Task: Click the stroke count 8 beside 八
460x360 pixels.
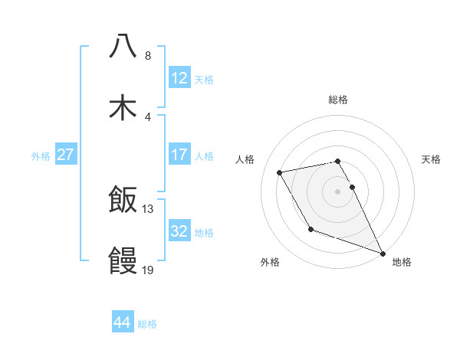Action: pos(148,56)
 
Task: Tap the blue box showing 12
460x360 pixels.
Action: pos(179,77)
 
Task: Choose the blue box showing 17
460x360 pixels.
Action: pos(179,154)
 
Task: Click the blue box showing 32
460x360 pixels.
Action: pos(179,231)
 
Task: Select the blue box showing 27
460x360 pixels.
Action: pos(66,154)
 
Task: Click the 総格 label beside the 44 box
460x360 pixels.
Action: pos(147,324)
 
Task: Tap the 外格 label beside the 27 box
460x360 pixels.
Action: pos(41,155)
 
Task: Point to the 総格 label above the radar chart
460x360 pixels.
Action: pos(338,100)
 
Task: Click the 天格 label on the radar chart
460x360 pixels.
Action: pos(431,159)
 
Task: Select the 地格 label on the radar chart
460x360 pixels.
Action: pos(402,262)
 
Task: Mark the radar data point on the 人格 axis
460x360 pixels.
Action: pos(280,172)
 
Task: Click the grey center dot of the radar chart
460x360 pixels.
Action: pos(338,191)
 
